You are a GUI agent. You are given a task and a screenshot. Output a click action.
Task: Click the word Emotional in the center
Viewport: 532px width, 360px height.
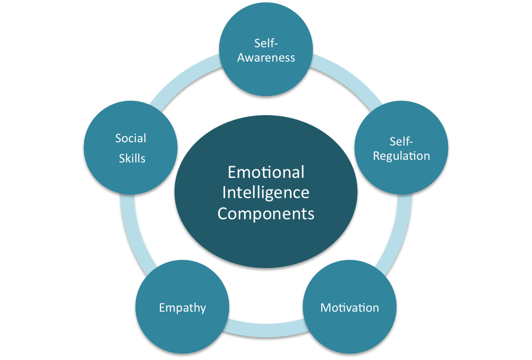click(x=266, y=172)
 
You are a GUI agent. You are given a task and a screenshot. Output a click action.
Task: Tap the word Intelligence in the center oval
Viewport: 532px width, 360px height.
click(x=266, y=193)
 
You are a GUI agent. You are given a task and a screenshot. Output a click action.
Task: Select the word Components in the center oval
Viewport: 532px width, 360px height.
click(x=266, y=214)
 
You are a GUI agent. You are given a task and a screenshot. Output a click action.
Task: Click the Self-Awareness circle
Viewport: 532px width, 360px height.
click(x=266, y=49)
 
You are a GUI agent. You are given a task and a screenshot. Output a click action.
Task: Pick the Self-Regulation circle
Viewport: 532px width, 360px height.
click(x=401, y=148)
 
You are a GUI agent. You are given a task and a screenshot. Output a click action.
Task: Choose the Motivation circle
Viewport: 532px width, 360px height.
click(x=349, y=307)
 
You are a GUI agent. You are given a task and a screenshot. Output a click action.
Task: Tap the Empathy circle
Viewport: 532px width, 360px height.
click(x=182, y=307)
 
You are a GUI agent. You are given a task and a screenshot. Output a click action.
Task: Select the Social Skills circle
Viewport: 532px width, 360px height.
click(x=131, y=148)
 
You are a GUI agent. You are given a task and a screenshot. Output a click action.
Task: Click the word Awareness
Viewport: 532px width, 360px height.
click(x=266, y=58)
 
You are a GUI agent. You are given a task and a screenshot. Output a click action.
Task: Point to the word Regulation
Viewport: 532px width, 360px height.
click(x=401, y=156)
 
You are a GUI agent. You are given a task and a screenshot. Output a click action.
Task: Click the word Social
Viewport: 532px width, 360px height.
click(x=131, y=138)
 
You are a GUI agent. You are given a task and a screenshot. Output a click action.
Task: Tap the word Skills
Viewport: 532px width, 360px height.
click(x=132, y=158)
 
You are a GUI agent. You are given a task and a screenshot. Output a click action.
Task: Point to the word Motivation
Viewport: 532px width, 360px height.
click(x=349, y=307)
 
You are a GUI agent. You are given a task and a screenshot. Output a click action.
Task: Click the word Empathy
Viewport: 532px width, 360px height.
click(x=183, y=308)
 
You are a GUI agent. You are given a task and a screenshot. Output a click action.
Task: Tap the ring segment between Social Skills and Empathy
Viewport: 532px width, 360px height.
click(x=133, y=231)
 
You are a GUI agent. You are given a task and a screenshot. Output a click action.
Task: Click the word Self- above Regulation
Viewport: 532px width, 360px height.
click(x=401, y=141)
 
